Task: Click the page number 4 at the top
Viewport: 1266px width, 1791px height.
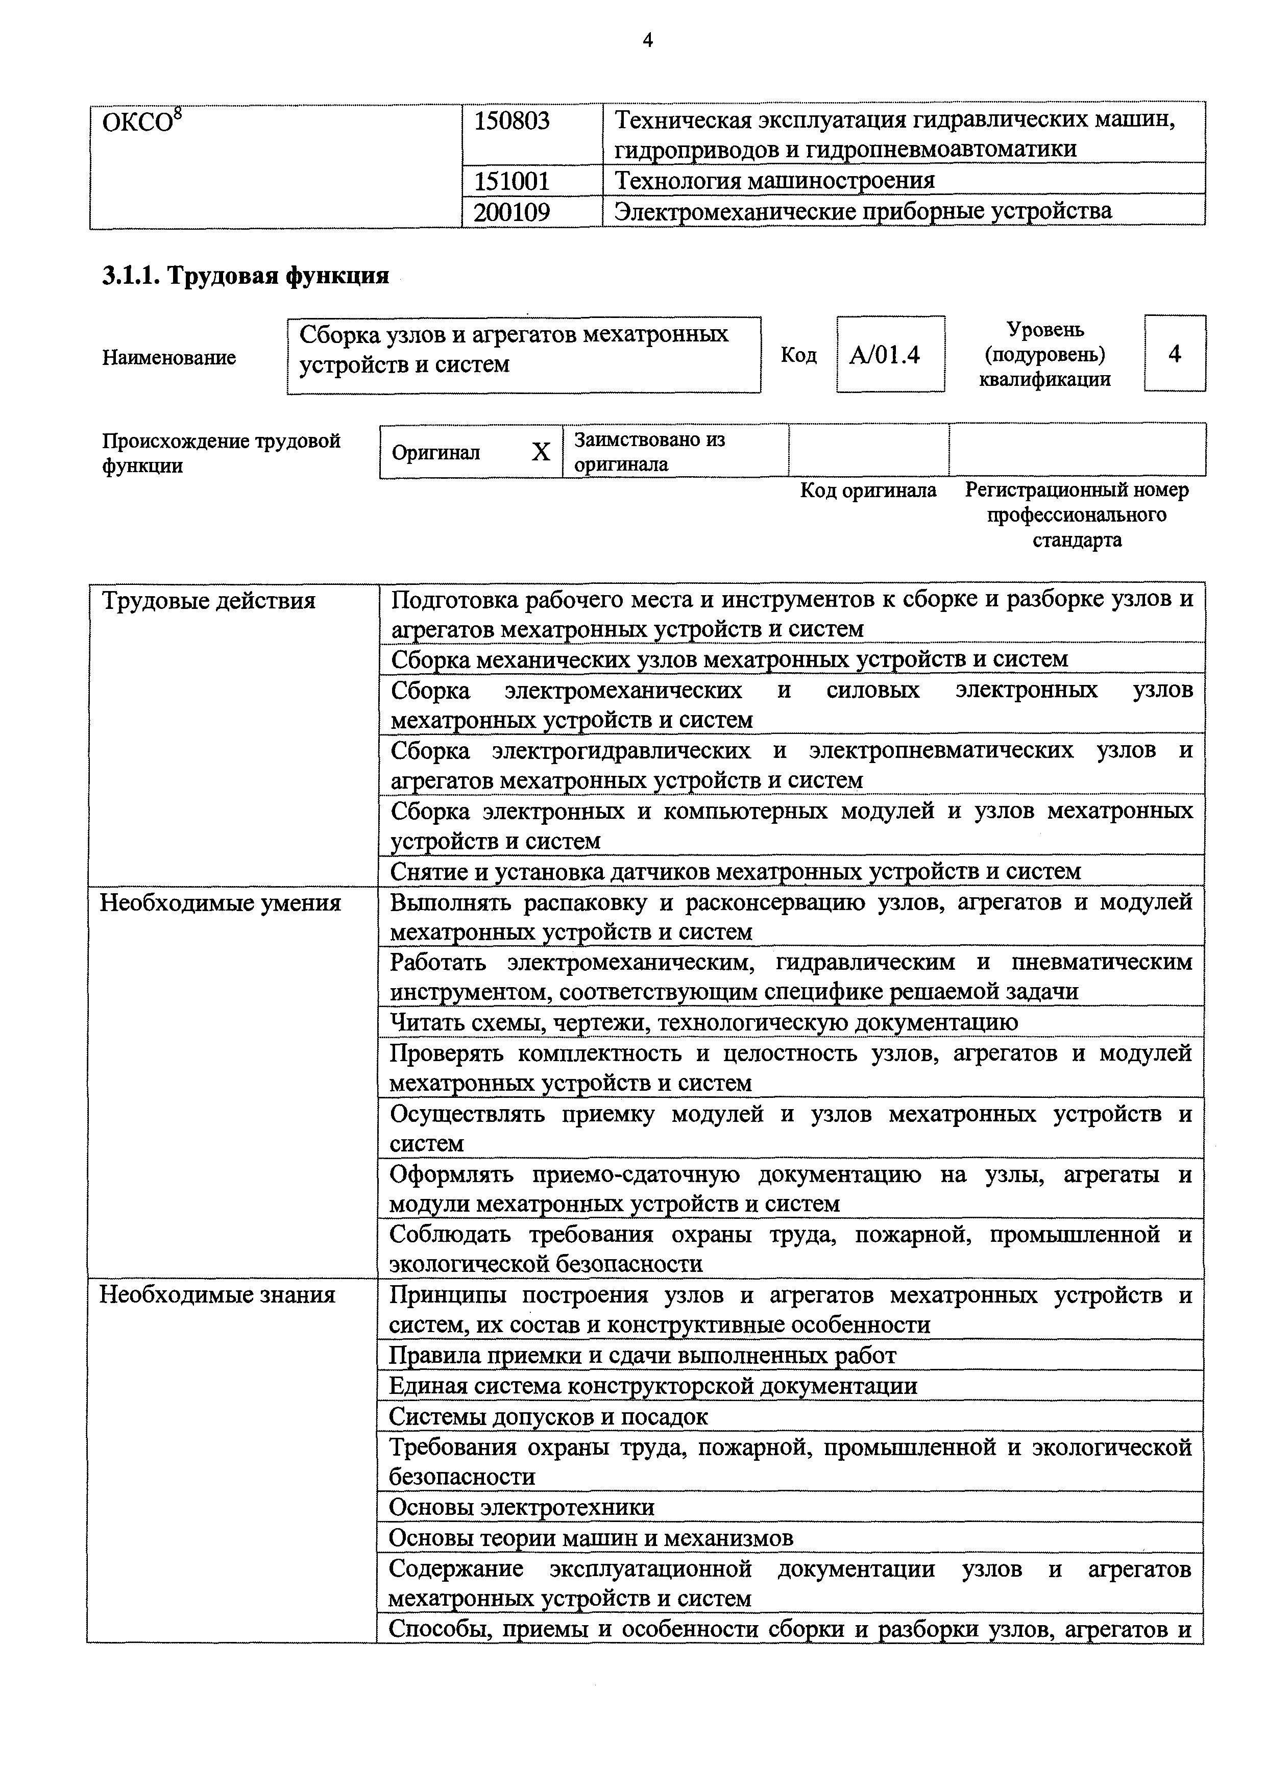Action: coord(647,40)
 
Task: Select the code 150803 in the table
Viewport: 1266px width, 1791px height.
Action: coord(512,121)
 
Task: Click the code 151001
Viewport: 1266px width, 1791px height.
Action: coord(512,182)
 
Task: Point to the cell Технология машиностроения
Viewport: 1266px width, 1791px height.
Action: coord(774,181)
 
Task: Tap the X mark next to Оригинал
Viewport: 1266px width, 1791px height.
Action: coord(541,452)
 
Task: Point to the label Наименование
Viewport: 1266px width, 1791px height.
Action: coord(168,358)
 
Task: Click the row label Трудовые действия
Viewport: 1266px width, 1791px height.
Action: coord(208,601)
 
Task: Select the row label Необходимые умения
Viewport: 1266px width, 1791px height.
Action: coord(220,903)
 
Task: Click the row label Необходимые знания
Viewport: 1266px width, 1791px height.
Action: coord(217,1296)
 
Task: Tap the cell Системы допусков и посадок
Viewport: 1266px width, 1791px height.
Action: coord(548,1416)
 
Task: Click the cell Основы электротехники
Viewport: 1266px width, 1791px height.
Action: coord(521,1508)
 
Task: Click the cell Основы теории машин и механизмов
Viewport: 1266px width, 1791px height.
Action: coord(591,1538)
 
